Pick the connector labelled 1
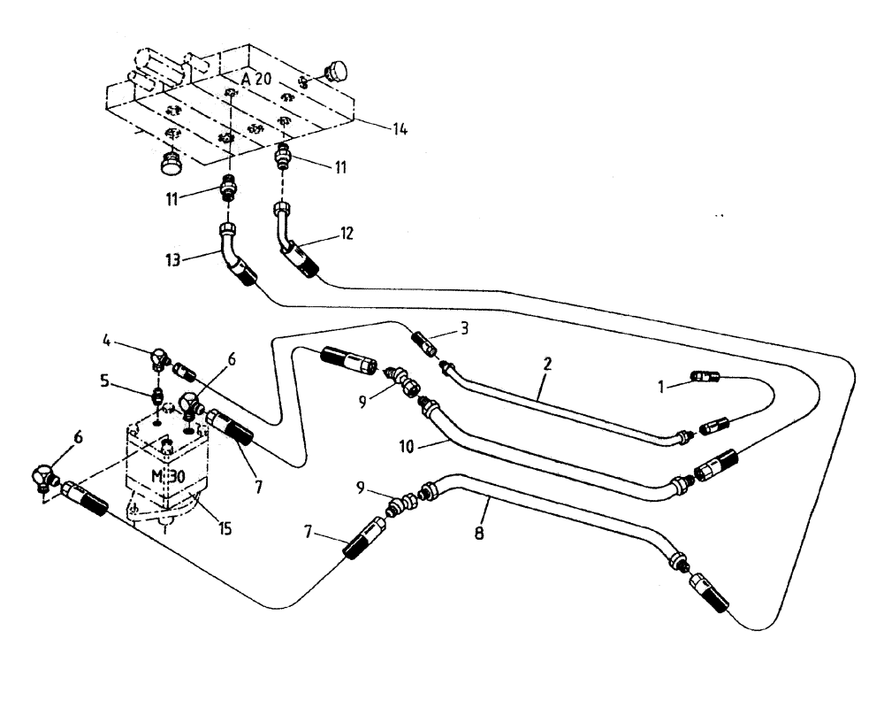pyautogui.click(x=707, y=378)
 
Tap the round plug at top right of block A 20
pyautogui.click(x=337, y=70)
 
